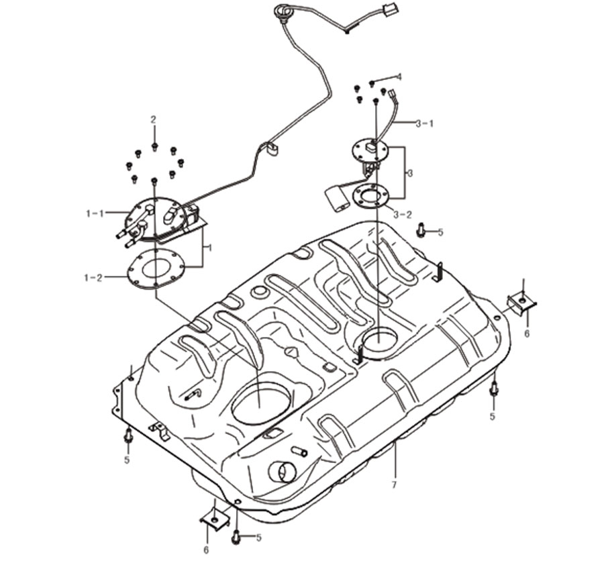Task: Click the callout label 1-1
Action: point(95,213)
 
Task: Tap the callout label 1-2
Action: point(93,277)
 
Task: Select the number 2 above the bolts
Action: point(153,119)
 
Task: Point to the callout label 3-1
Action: point(425,123)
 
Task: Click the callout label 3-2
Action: point(403,215)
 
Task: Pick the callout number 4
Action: point(399,77)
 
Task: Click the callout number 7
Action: point(394,485)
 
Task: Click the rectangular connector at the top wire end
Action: point(391,9)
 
